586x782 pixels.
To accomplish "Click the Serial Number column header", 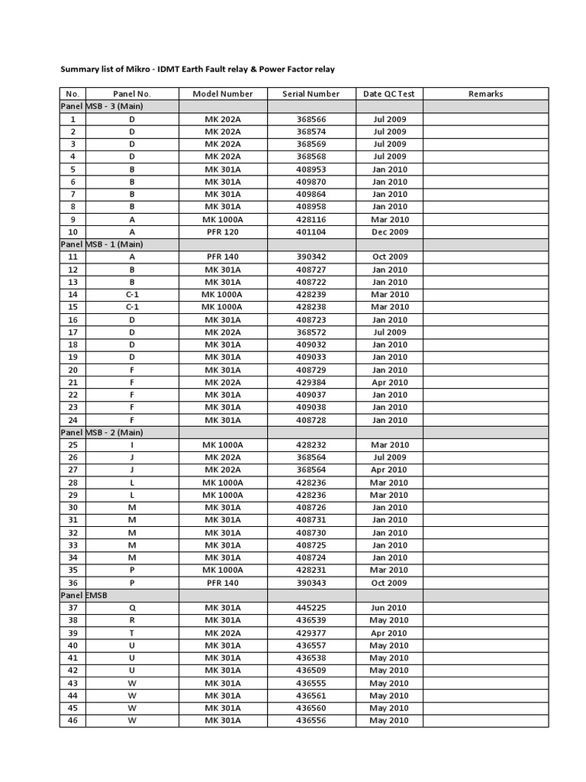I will (x=311, y=94).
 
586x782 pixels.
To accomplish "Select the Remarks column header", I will (x=485, y=94).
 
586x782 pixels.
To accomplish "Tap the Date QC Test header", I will (x=389, y=94).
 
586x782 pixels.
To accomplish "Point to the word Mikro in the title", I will (x=159, y=69).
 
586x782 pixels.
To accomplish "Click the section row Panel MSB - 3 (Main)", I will (x=101, y=106).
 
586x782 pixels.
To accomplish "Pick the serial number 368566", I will (x=311, y=119).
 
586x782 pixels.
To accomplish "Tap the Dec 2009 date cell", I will (x=389, y=231).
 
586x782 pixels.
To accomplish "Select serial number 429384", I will (x=311, y=382).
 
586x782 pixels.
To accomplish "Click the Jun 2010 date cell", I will (x=389, y=608).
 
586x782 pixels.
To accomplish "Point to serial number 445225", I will (x=311, y=608).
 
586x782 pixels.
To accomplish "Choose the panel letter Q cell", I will (x=132, y=608).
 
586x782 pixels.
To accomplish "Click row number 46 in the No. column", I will (x=72, y=720).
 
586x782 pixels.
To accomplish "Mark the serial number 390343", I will (x=311, y=583).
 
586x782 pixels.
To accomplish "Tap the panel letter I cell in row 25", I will (x=132, y=444).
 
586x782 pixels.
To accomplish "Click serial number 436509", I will (x=311, y=671).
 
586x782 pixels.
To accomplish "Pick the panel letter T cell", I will (x=132, y=633).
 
